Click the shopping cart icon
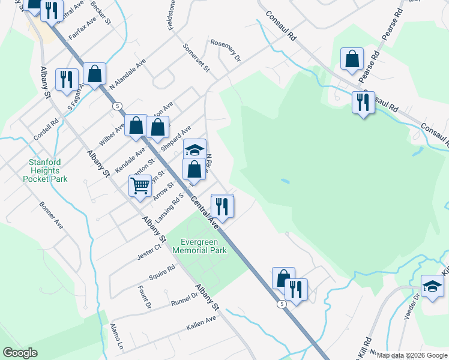pos(140,185)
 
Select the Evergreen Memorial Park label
pos(199,246)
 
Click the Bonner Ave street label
pos(52,215)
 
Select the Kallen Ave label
pos(201,322)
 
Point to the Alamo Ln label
pos(116,337)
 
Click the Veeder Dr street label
pos(414,308)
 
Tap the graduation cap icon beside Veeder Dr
pos(432,286)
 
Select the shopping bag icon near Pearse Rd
pos(352,59)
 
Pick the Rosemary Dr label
pos(226,50)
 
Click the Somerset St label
pos(196,58)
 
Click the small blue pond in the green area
pos(285,181)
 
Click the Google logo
pos(20,353)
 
